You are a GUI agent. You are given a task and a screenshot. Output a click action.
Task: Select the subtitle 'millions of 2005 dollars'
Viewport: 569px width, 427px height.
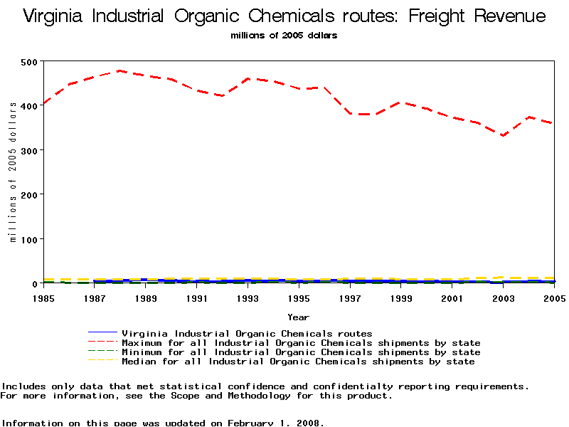coord(284,35)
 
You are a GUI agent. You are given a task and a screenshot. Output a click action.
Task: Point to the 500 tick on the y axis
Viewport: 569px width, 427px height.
coord(29,62)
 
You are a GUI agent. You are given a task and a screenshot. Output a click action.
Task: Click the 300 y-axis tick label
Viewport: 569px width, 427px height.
coord(29,150)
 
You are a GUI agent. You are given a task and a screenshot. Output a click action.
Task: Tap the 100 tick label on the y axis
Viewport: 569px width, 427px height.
coord(29,239)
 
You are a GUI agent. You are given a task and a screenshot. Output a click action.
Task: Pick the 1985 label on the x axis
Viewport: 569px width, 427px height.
coord(43,299)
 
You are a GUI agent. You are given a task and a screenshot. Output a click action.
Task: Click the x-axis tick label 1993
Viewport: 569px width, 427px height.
coord(248,299)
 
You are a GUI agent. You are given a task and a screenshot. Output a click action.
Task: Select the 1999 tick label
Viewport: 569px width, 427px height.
coord(401,299)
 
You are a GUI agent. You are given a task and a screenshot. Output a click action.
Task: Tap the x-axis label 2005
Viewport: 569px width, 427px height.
coord(554,299)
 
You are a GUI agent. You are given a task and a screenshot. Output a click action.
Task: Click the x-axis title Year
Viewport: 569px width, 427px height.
coord(298,317)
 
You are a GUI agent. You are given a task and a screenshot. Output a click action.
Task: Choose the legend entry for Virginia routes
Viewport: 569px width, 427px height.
coord(247,333)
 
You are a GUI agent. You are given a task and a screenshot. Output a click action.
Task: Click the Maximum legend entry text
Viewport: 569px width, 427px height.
coord(301,343)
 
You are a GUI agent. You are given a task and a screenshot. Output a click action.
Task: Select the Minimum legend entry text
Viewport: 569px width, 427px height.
coord(301,352)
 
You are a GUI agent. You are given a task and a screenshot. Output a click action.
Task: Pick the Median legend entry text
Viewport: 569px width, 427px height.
coord(298,362)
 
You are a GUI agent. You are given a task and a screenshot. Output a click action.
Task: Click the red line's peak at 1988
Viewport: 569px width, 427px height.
coord(120,70)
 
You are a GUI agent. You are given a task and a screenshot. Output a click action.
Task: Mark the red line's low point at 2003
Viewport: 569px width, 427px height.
coord(503,135)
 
